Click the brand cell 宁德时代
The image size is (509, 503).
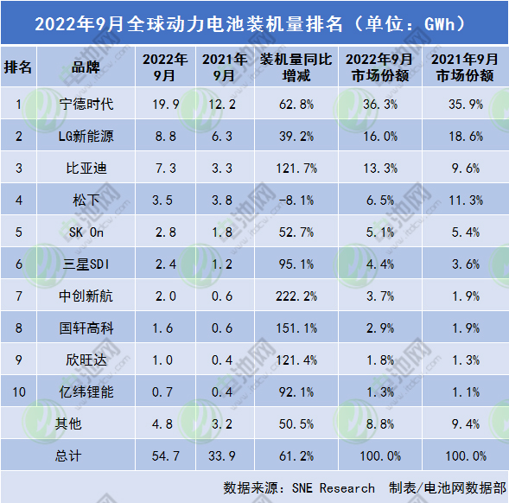click(86, 105)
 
